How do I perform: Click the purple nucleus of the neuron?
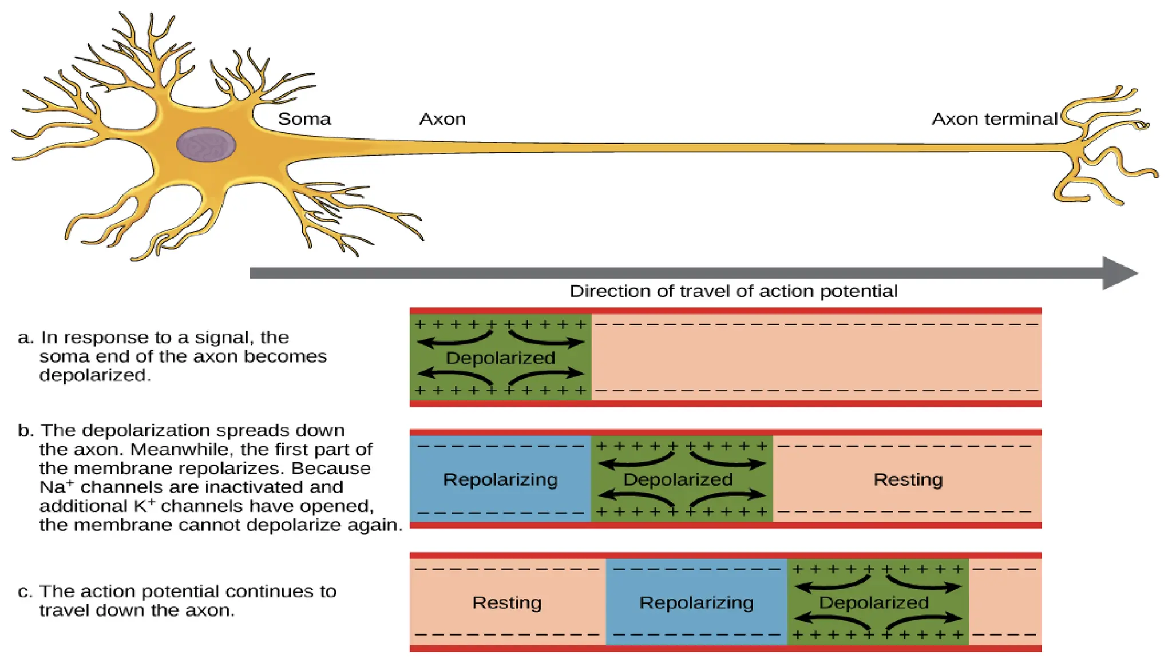click(206, 145)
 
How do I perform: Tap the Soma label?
click(304, 119)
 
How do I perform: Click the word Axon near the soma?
click(442, 119)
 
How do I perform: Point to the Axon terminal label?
click(994, 119)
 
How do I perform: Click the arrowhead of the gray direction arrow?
click(1119, 273)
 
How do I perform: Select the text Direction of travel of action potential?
click(733, 291)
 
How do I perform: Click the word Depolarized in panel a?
click(500, 358)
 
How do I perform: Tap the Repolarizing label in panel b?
click(500, 479)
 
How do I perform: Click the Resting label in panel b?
click(908, 479)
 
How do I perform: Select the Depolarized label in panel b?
click(678, 479)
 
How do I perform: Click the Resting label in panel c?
click(506, 602)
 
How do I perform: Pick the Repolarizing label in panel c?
click(696, 602)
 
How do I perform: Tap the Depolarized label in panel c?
click(873, 602)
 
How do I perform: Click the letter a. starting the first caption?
click(25, 338)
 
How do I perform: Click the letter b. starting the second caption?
click(25, 430)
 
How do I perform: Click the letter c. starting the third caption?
click(25, 591)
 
